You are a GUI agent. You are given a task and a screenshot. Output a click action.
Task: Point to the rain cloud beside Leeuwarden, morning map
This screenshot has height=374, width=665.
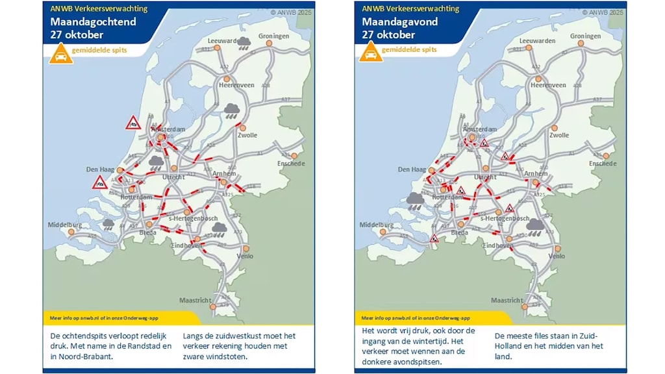pyautogui.click(x=245, y=43)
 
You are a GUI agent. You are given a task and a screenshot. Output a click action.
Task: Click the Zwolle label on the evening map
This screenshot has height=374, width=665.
pyautogui.click(x=558, y=135)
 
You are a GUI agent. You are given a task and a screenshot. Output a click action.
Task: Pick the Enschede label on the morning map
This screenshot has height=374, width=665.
pyautogui.click(x=292, y=164)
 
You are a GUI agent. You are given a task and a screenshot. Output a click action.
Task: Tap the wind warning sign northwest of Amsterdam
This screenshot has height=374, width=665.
pyautogui.click(x=133, y=122)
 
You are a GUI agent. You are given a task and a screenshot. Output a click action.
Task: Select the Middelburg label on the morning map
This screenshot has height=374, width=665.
pyautogui.click(x=64, y=225)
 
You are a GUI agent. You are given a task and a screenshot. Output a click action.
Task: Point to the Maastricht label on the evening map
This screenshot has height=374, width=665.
pyautogui.click(x=507, y=301)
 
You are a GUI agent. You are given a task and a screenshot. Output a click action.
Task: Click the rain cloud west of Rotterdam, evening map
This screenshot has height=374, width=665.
pyautogui.click(x=416, y=199)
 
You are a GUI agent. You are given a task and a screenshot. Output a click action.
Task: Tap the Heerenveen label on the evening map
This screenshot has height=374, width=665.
pyautogui.click(x=548, y=85)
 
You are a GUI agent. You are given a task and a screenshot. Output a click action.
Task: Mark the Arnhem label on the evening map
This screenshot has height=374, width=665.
pyautogui.click(x=536, y=173)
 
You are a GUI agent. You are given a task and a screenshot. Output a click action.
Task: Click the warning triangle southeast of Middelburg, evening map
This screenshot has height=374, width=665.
pyautogui.click(x=434, y=239)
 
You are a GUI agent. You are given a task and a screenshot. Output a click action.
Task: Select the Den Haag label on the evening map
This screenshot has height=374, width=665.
pyautogui.click(x=412, y=169)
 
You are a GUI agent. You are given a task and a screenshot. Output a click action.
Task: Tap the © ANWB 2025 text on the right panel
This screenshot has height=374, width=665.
pyautogui.click(x=603, y=12)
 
